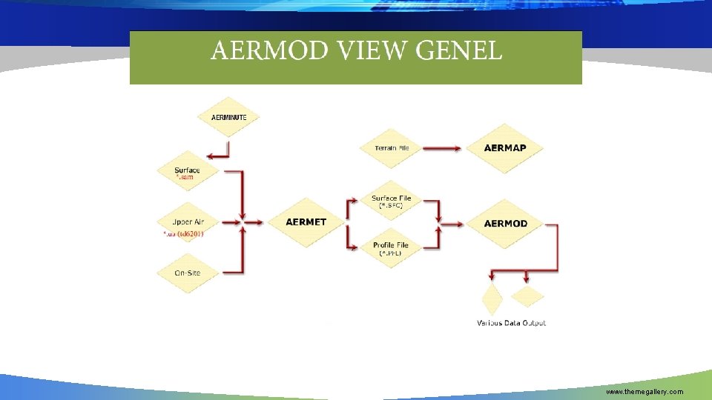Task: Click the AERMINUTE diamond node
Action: click(229, 117)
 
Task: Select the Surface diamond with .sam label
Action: click(188, 171)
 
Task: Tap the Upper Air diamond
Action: click(188, 221)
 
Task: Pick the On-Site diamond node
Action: click(188, 273)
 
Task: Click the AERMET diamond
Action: click(306, 222)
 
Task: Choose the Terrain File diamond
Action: click(392, 148)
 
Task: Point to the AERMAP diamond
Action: click(505, 148)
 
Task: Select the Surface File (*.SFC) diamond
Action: click(392, 201)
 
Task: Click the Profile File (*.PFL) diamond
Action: click(392, 247)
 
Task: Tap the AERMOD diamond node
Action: click(505, 223)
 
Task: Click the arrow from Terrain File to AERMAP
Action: click(438, 148)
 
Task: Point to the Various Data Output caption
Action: click(511, 323)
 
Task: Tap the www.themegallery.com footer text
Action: click(645, 391)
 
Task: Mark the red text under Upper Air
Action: click(183, 234)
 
